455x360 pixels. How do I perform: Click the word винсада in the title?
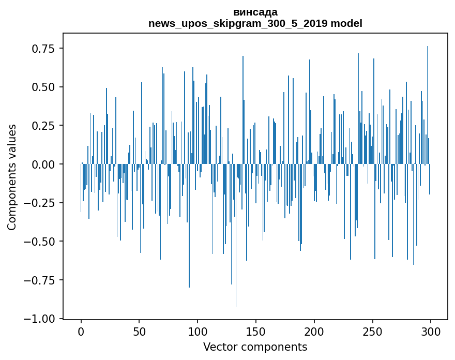coord(255,12)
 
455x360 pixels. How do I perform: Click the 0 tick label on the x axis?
coord(81,333)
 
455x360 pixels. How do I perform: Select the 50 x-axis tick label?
coord(140,333)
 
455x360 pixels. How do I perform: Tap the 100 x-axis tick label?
coord(198,333)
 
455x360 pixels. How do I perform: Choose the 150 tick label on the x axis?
coord(256,333)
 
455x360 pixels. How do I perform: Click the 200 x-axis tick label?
coord(314,333)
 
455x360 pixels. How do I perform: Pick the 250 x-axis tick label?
coord(373,333)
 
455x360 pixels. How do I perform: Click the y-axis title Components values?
coord(12,177)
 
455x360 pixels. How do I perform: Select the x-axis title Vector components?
coord(255,347)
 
